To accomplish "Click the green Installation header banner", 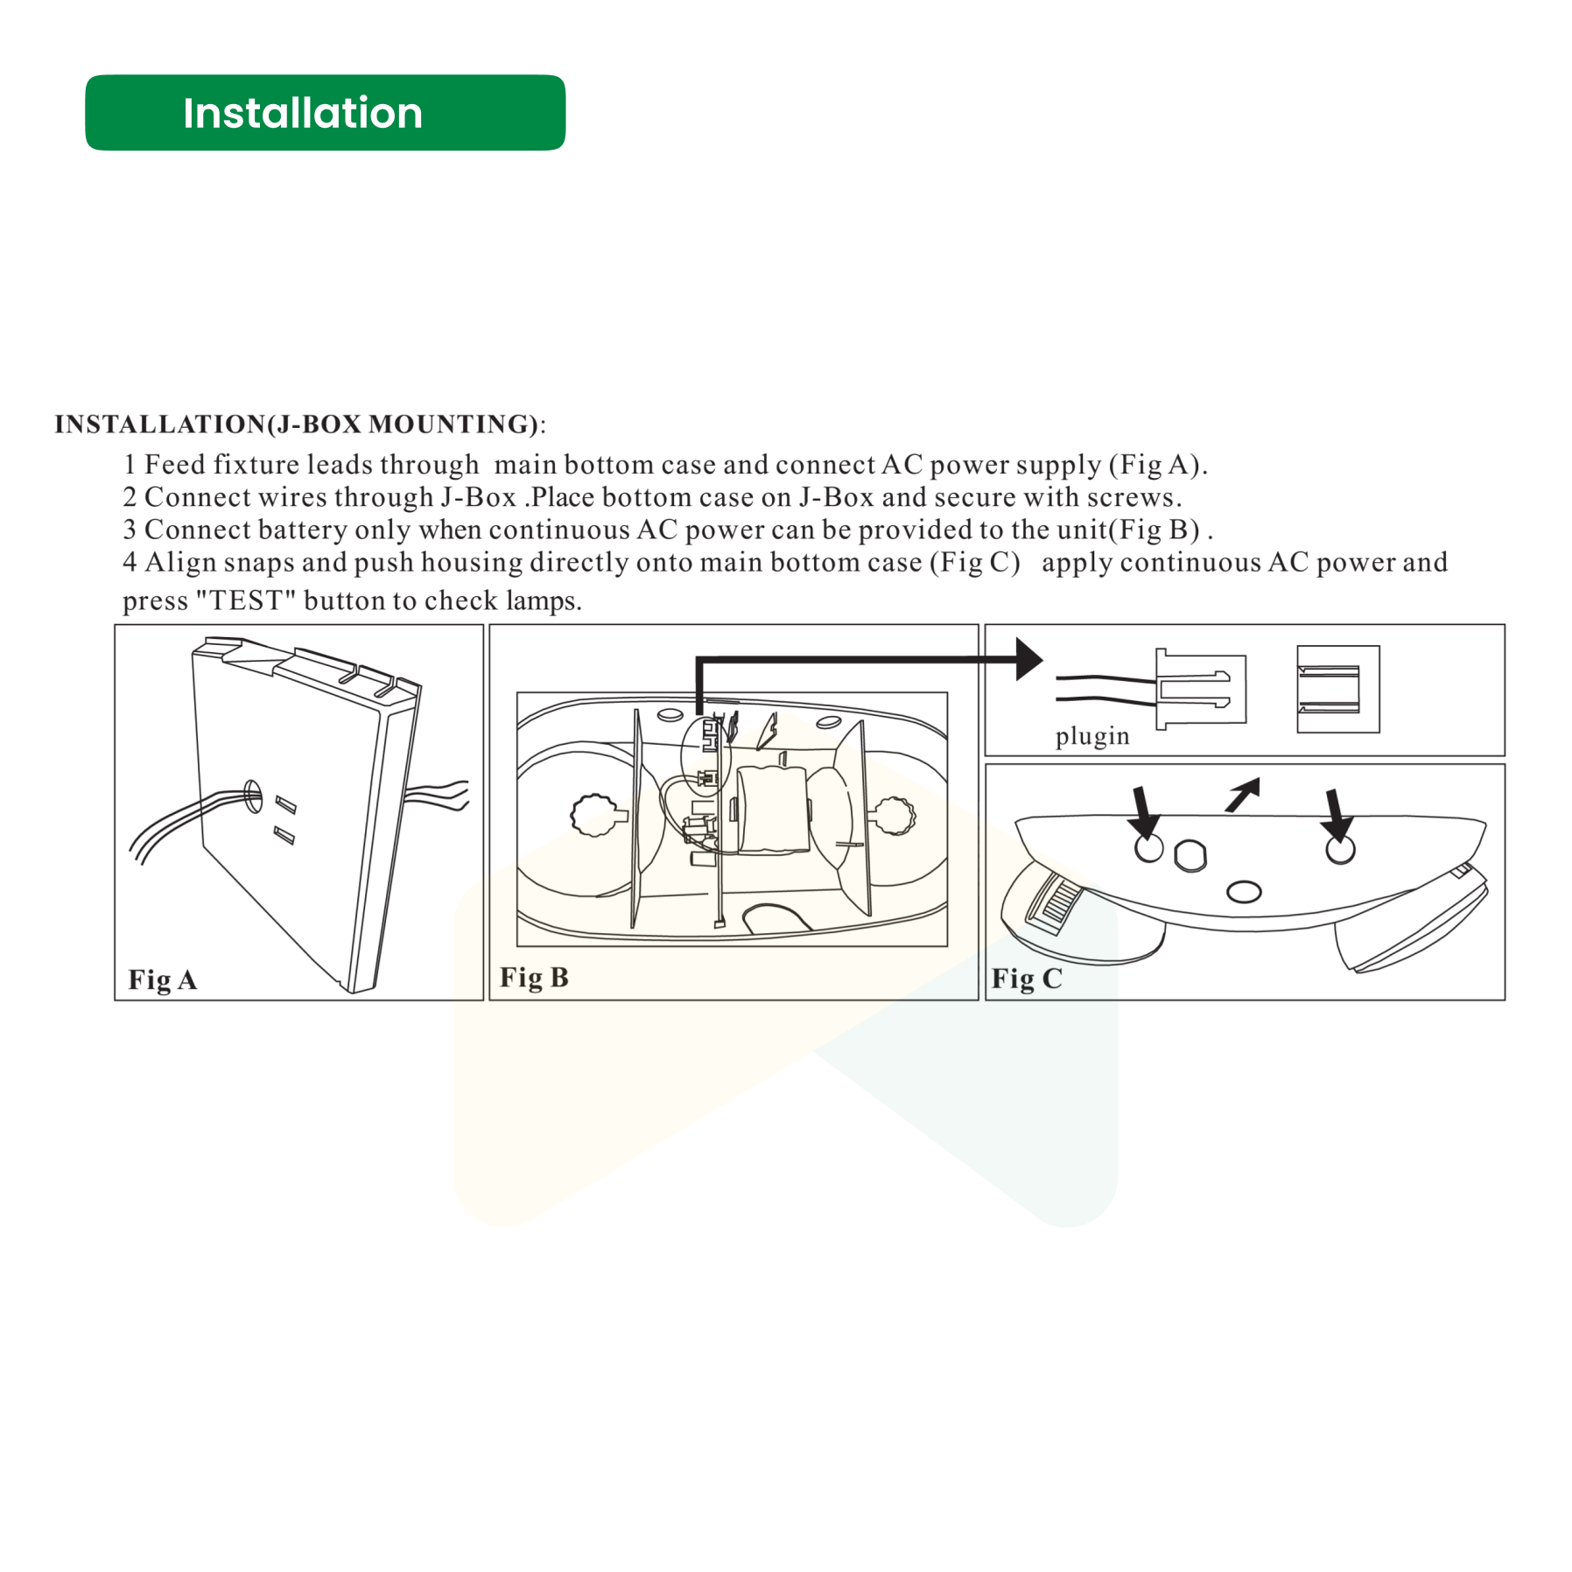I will (325, 113).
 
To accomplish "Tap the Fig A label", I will (163, 979).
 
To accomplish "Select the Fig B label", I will (534, 977).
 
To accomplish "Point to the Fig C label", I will (1026, 978).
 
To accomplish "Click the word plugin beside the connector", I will (1091, 735).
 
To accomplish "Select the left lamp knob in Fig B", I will (597, 814).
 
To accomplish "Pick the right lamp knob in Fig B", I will (894, 815).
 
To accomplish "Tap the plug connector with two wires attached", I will (1199, 689).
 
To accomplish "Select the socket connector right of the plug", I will (1337, 689).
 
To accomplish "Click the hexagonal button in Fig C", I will (1190, 855).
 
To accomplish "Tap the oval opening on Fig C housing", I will (1243, 892).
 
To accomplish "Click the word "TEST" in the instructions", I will (245, 600).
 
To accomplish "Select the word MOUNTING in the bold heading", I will (452, 424).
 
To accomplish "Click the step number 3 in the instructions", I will (130, 530).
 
